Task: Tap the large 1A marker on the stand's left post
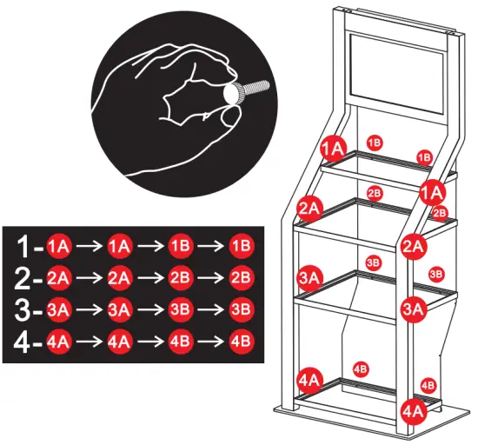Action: coord(333,149)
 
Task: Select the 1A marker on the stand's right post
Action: coord(432,190)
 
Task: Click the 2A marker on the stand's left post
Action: coord(310,208)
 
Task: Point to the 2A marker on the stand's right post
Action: coord(414,246)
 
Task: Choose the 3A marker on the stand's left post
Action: coord(310,278)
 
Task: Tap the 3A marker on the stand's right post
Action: coord(413,308)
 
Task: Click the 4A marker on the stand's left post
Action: coord(310,379)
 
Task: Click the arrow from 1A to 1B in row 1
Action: coord(149,247)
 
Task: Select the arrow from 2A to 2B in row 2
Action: coord(149,278)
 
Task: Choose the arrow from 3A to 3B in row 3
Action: coord(149,309)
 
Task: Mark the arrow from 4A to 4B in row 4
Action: coord(149,341)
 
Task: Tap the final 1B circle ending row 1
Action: coord(241,247)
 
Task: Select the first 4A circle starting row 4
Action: coord(59,341)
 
